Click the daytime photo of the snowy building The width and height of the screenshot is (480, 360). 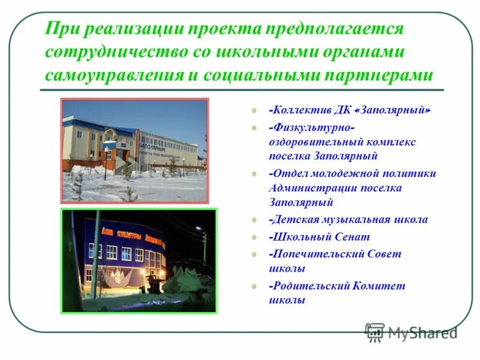click(135, 151)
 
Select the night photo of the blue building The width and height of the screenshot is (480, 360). click(139, 260)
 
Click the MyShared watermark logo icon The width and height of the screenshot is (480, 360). click(375, 332)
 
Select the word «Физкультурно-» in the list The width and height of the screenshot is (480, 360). click(312, 127)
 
